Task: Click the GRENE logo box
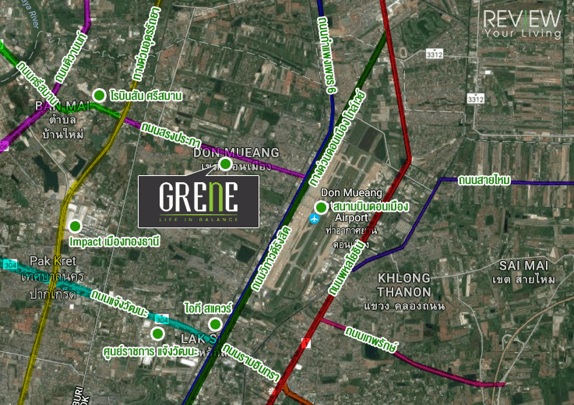point(199,202)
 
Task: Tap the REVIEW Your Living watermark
point(522,24)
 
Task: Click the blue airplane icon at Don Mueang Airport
point(314,218)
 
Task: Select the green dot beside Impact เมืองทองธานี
point(75,227)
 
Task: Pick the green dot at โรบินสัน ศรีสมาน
point(99,96)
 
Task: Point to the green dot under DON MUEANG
point(225,164)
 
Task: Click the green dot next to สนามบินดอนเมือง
point(321,207)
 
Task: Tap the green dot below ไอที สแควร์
point(215,324)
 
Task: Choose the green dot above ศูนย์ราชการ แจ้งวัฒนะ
point(157,334)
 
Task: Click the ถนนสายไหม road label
point(484,180)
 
